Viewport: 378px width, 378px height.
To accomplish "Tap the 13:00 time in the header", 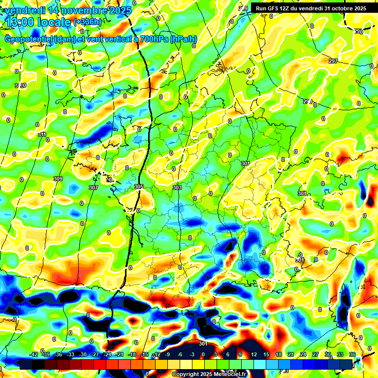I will coord(23,22).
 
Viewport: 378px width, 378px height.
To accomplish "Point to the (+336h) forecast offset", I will coord(87,22).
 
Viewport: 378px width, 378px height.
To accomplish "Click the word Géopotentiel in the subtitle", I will coord(29,39).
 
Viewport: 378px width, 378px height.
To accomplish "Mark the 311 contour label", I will coord(42,134).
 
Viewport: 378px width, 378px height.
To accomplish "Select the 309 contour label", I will coord(58,179).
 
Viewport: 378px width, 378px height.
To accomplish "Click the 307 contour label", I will coord(94,188).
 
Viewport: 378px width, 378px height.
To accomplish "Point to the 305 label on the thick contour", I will coord(139,187).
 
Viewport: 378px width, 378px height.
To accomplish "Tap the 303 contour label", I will coord(177,188).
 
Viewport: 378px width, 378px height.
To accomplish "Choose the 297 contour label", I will coord(333,61).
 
